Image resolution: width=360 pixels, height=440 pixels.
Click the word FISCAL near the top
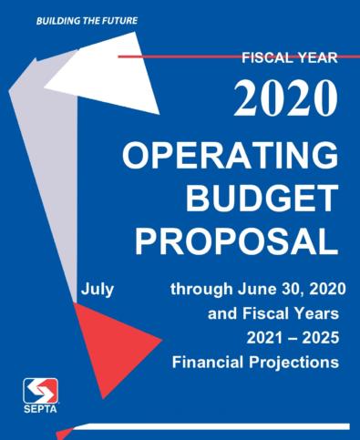pyautogui.click(x=265, y=58)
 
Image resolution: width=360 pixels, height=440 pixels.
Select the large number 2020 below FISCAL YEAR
pyautogui.click(x=286, y=97)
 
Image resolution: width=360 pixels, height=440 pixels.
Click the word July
pyautogui.click(x=97, y=291)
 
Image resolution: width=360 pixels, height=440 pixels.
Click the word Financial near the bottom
pyautogui.click(x=206, y=363)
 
